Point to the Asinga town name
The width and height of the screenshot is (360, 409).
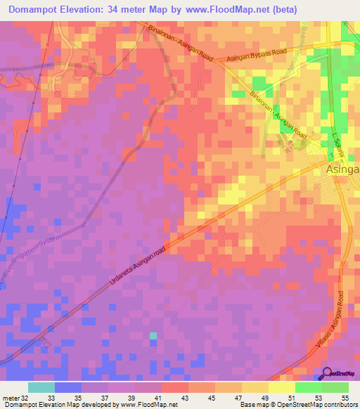click(x=342, y=170)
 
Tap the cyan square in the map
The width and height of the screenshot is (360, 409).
click(x=153, y=336)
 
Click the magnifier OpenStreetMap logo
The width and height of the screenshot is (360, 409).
click(x=328, y=374)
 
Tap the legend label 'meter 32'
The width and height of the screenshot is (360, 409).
click(x=15, y=397)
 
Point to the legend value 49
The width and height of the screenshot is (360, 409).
click(x=255, y=397)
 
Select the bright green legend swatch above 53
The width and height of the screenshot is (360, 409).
click(x=308, y=387)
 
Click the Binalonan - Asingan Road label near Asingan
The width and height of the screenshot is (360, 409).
click(x=278, y=117)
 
